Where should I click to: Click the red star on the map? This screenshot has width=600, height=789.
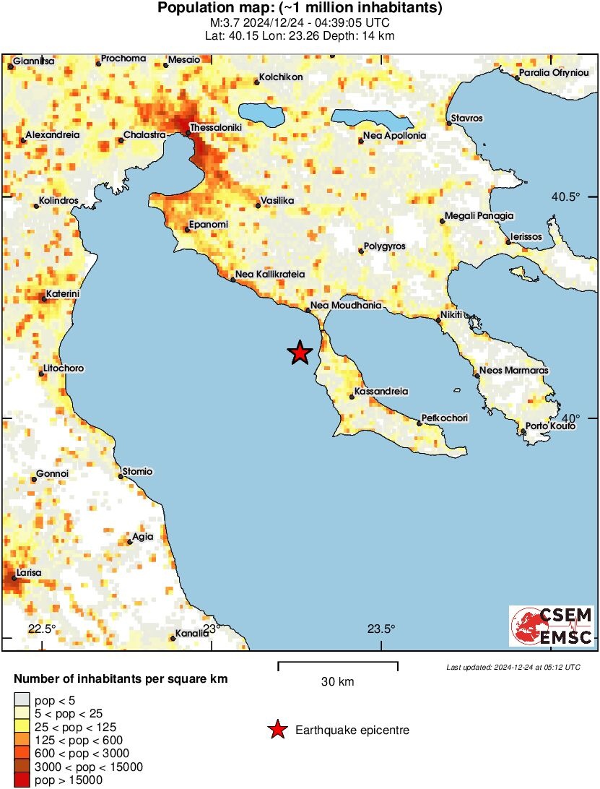[300, 353]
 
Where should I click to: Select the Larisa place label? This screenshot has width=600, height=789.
[29, 572]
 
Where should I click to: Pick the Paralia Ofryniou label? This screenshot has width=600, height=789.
[557, 73]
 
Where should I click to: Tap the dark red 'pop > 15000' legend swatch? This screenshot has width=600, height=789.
[22, 780]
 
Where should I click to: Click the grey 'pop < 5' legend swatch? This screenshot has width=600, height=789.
[22, 699]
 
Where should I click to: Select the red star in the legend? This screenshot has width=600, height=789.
[277, 730]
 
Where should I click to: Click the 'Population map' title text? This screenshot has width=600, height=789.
[300, 9]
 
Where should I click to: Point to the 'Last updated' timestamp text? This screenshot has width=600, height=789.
[513, 666]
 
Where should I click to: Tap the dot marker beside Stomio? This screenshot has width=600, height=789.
[121, 476]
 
